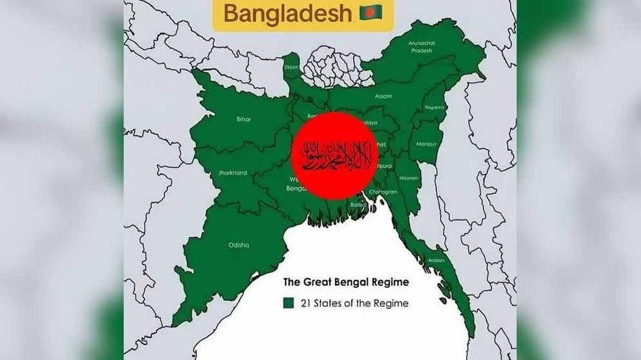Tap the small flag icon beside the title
tap(371, 12)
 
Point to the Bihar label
tap(243, 120)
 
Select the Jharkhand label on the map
tap(232, 173)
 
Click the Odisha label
tap(239, 245)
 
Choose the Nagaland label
tap(434, 107)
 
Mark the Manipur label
tap(427, 144)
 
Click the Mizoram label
tap(409, 177)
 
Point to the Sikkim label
tap(291, 68)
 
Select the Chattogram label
tap(382, 192)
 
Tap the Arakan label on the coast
tap(436, 260)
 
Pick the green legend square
tap(288, 303)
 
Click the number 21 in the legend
tap(304, 303)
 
